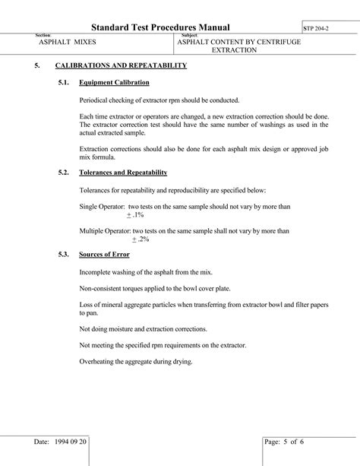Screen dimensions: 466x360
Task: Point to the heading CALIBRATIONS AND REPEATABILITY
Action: [x=121, y=66]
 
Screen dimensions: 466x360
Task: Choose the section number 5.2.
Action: [x=64, y=173]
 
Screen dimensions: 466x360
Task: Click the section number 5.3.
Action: [x=64, y=253]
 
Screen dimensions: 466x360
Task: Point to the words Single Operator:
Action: [x=102, y=206]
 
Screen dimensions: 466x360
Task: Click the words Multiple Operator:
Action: [x=105, y=230]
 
